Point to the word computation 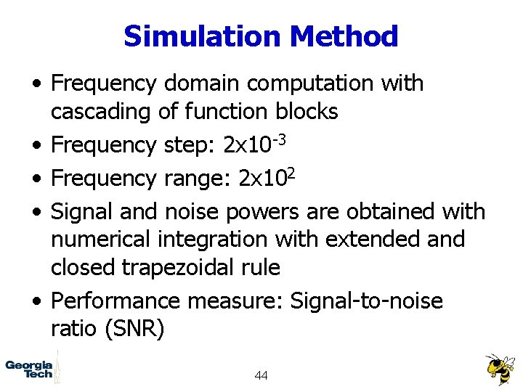(x=316, y=83)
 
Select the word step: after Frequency (x=190, y=145)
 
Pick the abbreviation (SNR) (x=135, y=328)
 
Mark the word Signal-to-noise (x=366, y=300)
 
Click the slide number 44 (x=261, y=375)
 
